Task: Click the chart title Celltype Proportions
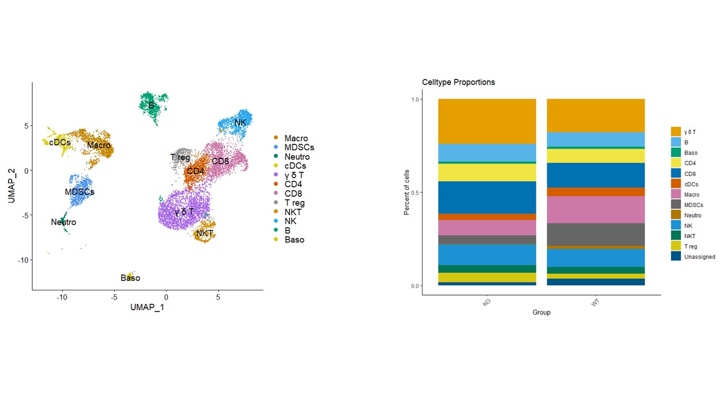(459, 82)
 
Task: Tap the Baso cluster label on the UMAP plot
(130, 278)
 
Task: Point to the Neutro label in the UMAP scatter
(63, 222)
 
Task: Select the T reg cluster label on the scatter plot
(180, 157)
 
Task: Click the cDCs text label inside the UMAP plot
(60, 143)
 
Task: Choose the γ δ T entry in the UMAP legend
(295, 175)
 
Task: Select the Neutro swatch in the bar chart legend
(676, 215)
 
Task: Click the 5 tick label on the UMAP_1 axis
(218, 297)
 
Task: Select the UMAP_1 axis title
(147, 307)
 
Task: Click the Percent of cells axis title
(407, 192)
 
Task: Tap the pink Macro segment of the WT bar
(596, 210)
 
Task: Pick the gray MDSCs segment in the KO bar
(487, 240)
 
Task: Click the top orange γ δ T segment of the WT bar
(596, 115)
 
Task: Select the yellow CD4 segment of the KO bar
(487, 173)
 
